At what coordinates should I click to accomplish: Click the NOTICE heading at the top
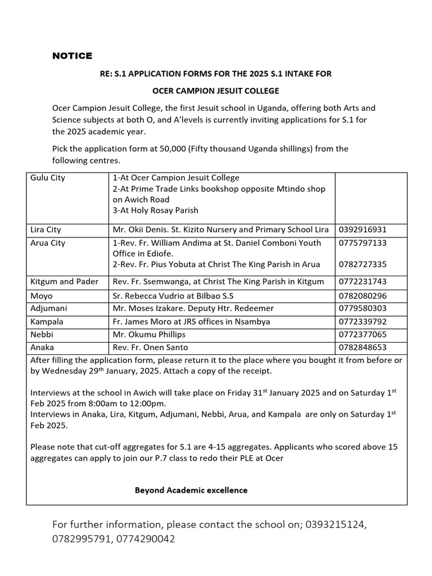pos(72,56)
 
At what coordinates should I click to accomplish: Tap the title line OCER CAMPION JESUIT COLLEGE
pos(216,91)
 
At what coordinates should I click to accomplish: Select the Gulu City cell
pos(48,178)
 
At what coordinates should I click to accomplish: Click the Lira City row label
pos(46,229)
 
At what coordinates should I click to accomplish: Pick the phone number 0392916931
pos(364,229)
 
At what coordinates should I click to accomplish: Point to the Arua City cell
pos(48,243)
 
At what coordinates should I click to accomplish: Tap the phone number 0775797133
pos(364,243)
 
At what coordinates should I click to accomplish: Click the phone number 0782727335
pos(364,264)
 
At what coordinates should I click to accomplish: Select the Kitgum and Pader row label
pos(65,281)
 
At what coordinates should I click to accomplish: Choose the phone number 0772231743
pos(364,281)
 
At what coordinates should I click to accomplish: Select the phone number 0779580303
pos(364,308)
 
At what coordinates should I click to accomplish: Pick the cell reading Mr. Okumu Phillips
pos(148,335)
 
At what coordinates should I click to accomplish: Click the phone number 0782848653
pos(364,348)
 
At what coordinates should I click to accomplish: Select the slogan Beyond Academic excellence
pos(191,490)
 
